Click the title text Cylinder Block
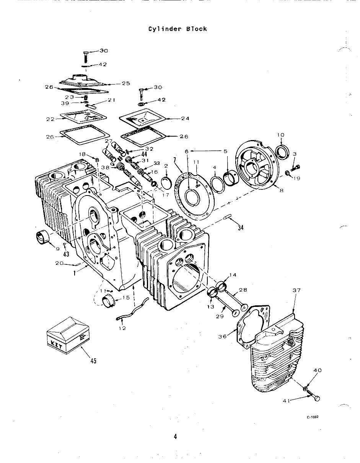coord(178,29)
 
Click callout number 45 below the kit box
coord(93,360)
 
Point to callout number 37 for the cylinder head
coord(297,290)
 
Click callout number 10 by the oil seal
coord(280,135)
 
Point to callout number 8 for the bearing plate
coord(281,189)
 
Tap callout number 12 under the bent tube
coord(122,328)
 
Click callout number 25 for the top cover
coord(126,83)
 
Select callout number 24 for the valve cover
coord(185,118)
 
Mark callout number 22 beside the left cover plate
coord(50,119)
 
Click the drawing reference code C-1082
coord(313,417)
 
